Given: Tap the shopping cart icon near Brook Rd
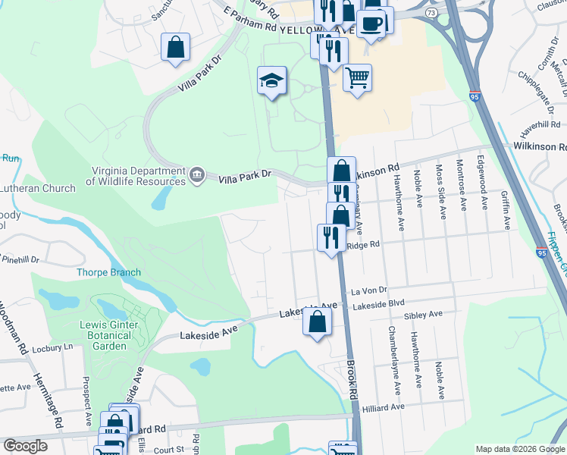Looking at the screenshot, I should (357, 76).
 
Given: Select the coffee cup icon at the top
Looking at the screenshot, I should (371, 24).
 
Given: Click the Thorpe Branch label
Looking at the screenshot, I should (108, 272).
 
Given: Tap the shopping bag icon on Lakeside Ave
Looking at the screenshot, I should (318, 322).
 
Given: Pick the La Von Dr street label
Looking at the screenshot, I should (369, 290).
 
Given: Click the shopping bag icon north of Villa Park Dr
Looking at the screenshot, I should (176, 47).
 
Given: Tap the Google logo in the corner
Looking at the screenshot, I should (25, 446).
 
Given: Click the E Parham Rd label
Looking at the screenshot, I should (250, 19).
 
